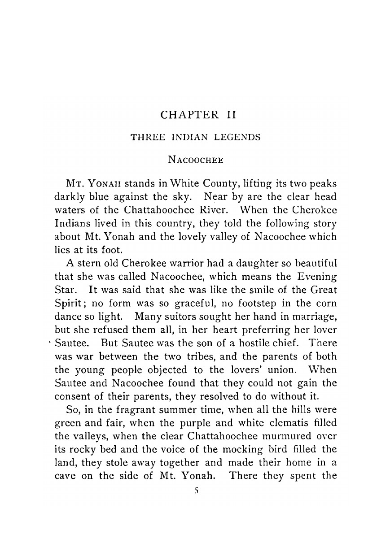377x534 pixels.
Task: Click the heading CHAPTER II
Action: pos(198,115)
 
